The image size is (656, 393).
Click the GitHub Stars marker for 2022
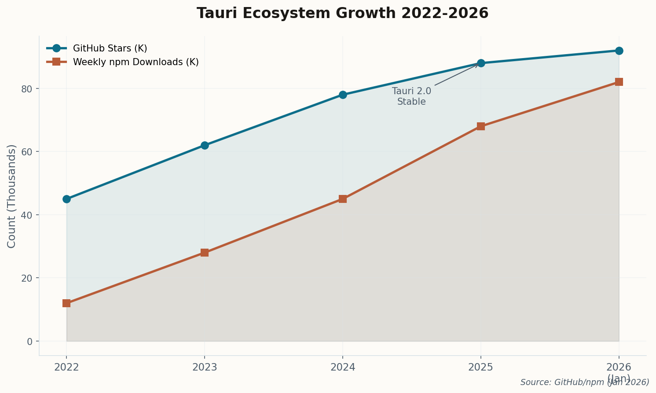(x=66, y=199)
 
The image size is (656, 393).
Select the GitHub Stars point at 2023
(x=205, y=145)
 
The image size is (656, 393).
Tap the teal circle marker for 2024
(x=343, y=95)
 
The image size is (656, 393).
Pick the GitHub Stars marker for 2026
(x=619, y=51)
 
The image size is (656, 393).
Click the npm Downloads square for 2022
(x=66, y=303)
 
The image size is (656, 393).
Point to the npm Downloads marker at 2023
(x=205, y=253)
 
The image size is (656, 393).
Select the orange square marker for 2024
(x=343, y=199)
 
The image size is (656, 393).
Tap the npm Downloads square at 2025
(x=481, y=126)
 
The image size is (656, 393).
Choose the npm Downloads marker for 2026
(x=619, y=82)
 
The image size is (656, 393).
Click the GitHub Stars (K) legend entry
(x=110, y=48)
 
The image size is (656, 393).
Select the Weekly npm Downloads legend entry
(x=136, y=62)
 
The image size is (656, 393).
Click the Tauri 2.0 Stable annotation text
(x=411, y=96)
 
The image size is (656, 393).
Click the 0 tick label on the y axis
(x=30, y=342)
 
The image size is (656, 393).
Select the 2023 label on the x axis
(x=205, y=367)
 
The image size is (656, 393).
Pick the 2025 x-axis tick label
(x=481, y=367)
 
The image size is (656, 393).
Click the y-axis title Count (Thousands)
(x=12, y=196)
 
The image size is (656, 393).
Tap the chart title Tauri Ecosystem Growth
(x=342, y=13)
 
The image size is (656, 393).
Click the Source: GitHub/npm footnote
(x=585, y=382)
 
